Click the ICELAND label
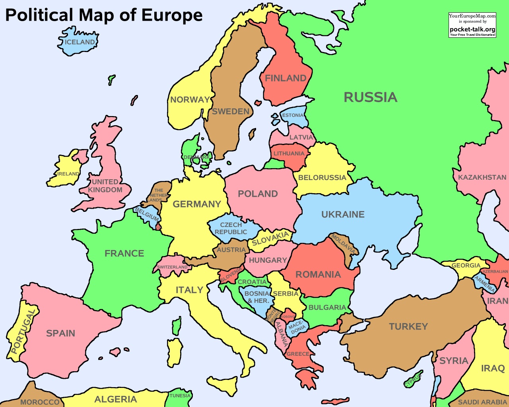point(80,42)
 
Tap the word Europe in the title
point(172,15)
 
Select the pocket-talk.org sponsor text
point(472,29)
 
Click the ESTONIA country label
point(293,115)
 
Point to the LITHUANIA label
point(289,153)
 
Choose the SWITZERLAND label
point(172,267)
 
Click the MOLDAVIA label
point(343,244)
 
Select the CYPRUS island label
point(413,380)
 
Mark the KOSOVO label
point(288,317)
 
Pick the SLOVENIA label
point(231,275)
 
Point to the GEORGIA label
point(466,266)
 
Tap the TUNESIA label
point(180,395)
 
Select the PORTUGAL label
point(23,332)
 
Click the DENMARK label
point(196,157)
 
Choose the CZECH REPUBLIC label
point(231,228)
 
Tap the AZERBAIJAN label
point(495,271)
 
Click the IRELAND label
point(68,174)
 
